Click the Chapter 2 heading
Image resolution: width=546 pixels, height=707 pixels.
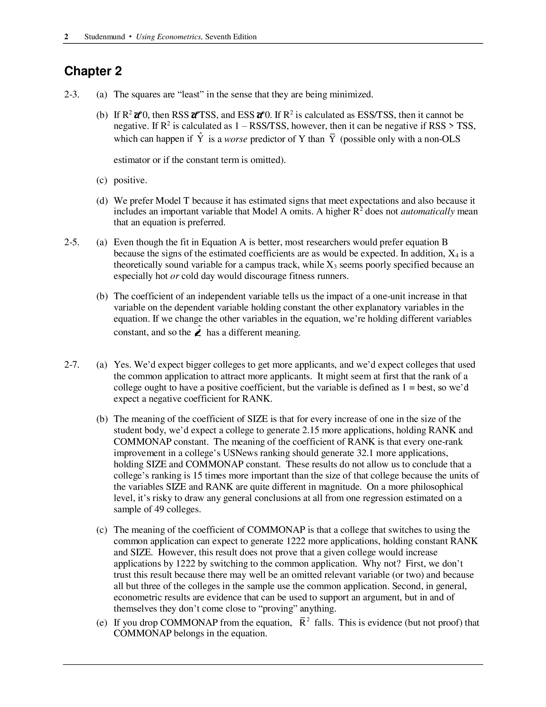point(93,71)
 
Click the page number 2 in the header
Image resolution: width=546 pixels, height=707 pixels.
point(66,37)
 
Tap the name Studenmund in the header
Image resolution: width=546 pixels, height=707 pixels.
point(104,37)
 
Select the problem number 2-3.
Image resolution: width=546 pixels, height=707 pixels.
point(72,94)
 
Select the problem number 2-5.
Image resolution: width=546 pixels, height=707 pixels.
point(72,242)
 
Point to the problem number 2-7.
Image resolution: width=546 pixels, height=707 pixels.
point(72,364)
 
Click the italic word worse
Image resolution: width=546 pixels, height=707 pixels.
point(235,139)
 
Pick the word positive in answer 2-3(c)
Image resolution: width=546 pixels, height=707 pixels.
point(130,180)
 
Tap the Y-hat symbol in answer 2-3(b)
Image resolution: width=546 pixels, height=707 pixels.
point(200,138)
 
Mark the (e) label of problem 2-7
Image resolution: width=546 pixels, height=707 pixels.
point(101,622)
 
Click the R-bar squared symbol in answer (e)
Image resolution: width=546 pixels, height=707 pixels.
point(304,622)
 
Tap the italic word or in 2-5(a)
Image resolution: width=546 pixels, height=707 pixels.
point(174,276)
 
